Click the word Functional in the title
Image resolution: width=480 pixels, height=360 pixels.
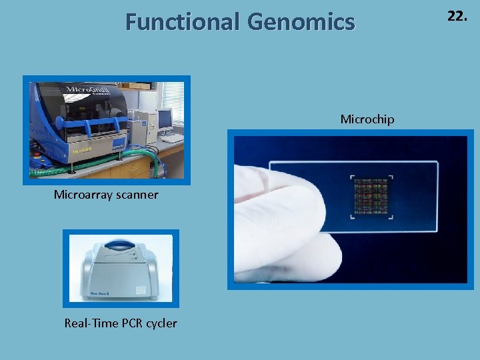183,23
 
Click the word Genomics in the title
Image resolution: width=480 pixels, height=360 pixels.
301,23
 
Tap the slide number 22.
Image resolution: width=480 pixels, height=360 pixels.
457,17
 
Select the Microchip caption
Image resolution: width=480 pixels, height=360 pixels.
367,119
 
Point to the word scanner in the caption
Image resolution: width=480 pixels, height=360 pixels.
137,195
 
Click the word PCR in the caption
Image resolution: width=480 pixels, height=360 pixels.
132,323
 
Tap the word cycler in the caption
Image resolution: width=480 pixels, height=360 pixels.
161,323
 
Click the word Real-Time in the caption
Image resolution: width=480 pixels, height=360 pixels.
91,323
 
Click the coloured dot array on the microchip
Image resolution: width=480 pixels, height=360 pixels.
371,197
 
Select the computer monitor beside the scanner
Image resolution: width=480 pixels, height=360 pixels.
165,120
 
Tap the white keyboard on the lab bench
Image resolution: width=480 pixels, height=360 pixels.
172,139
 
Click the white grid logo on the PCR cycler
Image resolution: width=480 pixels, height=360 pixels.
141,290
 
